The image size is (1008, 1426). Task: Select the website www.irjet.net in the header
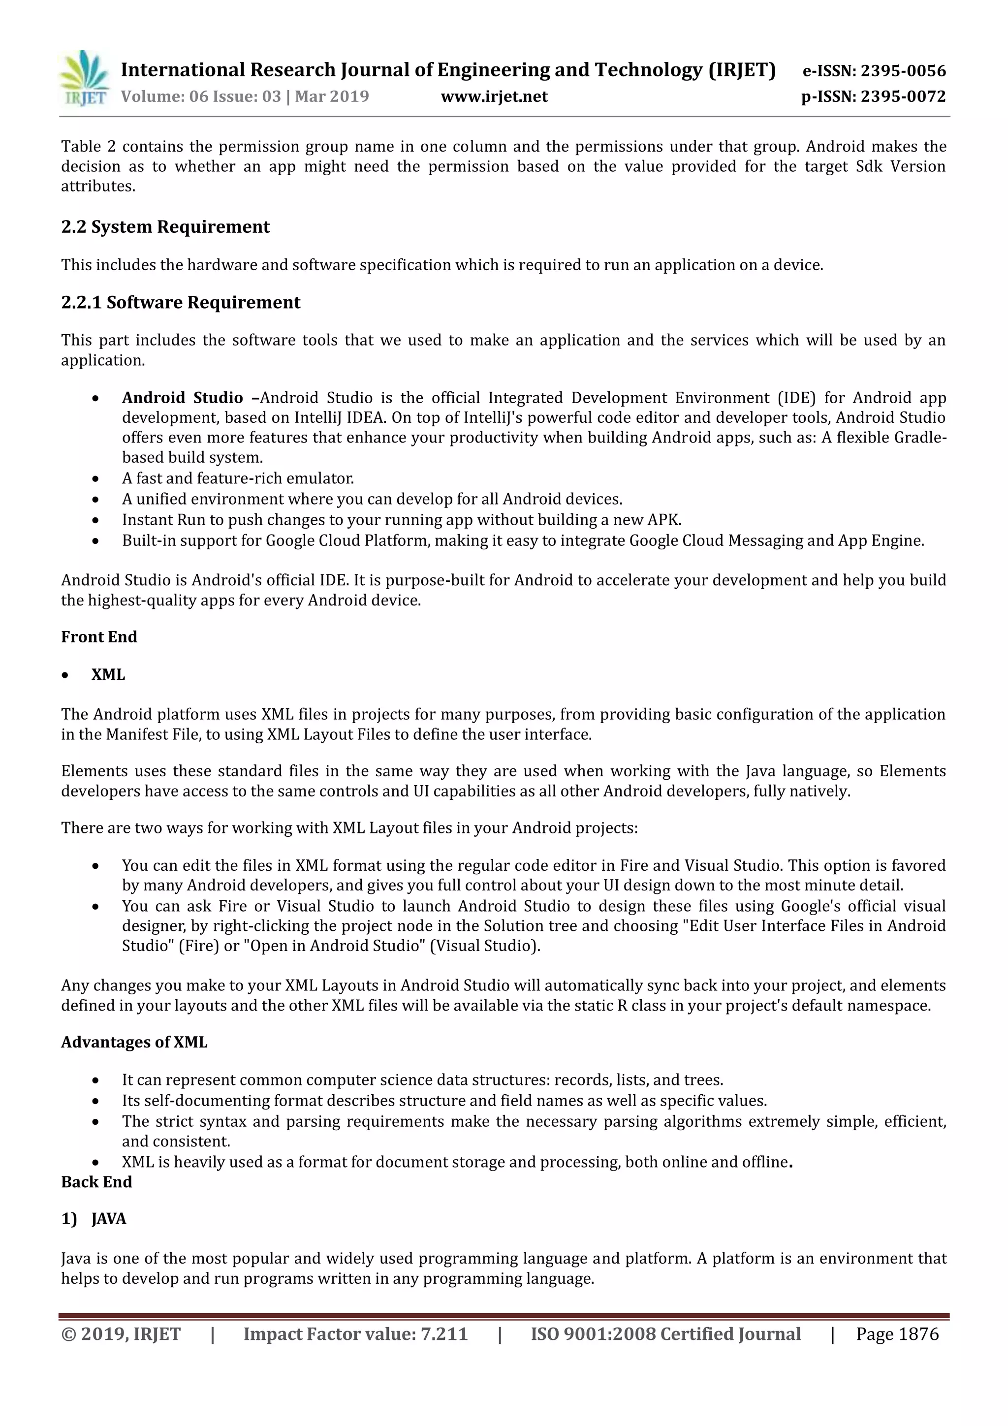pos(494,97)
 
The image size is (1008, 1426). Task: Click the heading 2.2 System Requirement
pos(165,227)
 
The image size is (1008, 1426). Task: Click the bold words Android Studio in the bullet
pos(182,398)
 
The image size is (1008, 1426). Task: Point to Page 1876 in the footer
pos(897,1334)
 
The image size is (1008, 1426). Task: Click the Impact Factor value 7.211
pos(443,1334)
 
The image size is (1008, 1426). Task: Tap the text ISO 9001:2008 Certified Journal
pos(665,1334)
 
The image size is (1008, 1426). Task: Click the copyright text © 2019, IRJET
pos(121,1334)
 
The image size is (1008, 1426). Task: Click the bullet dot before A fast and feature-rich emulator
pos(95,479)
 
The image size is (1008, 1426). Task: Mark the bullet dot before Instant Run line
pos(95,520)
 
